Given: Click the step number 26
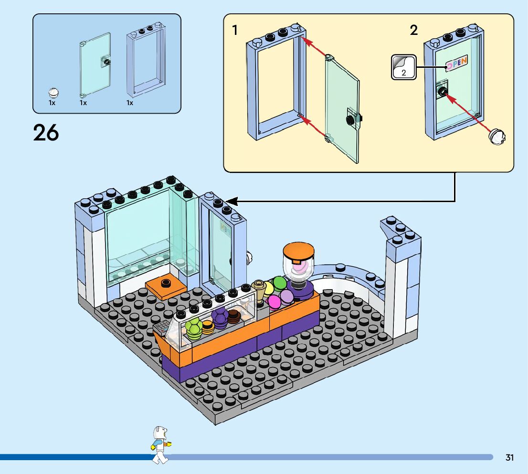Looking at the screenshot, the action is [46, 132].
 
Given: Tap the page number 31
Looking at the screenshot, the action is [509, 457].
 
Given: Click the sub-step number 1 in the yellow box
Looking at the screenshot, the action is [235, 30].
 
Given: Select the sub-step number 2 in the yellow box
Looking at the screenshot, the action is [414, 30].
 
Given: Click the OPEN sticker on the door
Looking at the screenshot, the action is [457, 63].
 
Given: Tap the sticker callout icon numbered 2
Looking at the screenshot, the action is [404, 67].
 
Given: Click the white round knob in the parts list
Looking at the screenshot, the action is [53, 92].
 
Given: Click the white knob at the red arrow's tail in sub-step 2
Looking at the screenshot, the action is [497, 137].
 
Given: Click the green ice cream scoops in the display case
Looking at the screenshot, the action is [194, 329].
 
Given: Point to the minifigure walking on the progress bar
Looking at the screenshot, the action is [160, 445].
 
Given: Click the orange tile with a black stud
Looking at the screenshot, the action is [166, 288].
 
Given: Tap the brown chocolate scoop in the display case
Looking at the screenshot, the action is [234, 317].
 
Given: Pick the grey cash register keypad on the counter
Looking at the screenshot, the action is [161, 327].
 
